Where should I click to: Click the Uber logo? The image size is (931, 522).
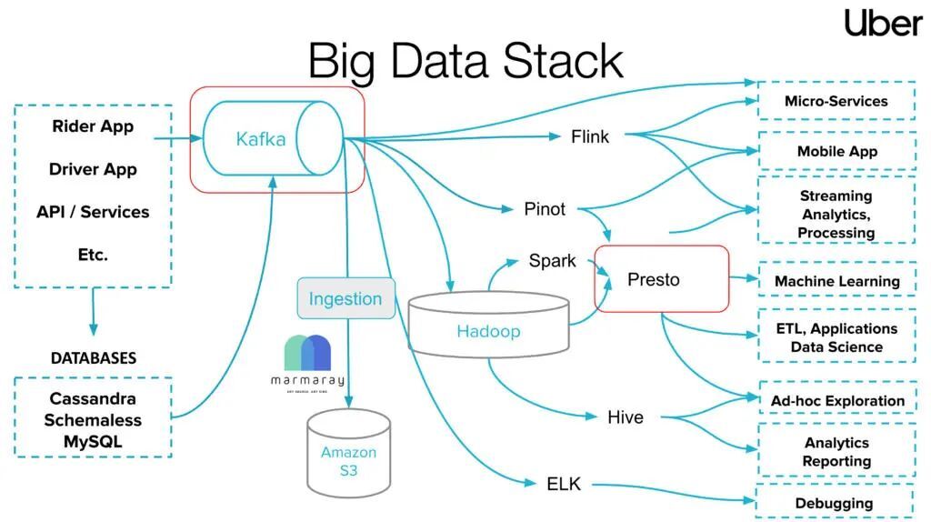click(883, 23)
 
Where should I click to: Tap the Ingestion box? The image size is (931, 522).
click(345, 298)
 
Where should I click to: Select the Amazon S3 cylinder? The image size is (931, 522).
click(348, 452)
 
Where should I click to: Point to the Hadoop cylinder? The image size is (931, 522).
click(488, 330)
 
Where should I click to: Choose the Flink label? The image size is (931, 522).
click(590, 137)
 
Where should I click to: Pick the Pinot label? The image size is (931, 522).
click(545, 209)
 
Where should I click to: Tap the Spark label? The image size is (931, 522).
click(552, 261)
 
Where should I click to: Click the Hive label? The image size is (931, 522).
click(625, 417)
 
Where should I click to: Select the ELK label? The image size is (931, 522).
click(564, 483)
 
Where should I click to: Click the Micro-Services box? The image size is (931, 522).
click(836, 101)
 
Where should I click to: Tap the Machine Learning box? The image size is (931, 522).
click(836, 281)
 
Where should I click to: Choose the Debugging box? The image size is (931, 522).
click(834, 502)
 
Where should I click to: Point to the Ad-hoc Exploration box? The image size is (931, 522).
click(836, 400)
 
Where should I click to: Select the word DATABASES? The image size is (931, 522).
click(93, 358)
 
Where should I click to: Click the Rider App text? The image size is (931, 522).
click(93, 126)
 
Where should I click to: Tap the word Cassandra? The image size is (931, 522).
click(93, 398)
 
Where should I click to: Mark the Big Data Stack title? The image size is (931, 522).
click(465, 61)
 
